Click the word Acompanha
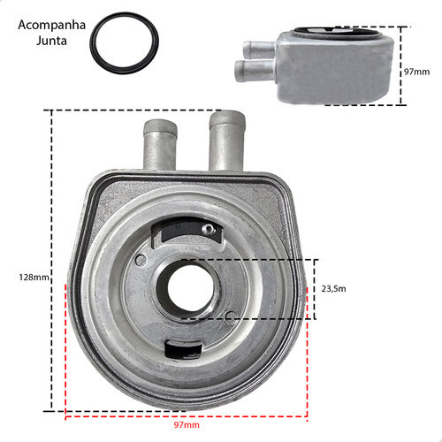pos(51,25)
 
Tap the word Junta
pos(51,41)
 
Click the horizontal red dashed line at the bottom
pos(187,413)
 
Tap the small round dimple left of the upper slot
pos(141,259)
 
